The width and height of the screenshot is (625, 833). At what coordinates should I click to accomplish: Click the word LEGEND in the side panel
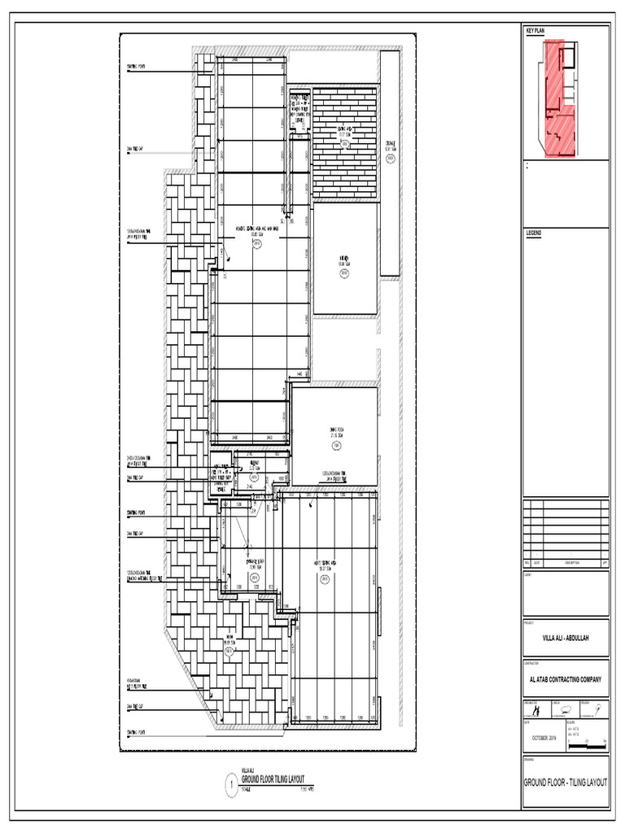click(535, 233)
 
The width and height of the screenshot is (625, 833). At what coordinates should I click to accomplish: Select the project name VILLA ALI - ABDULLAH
click(565, 637)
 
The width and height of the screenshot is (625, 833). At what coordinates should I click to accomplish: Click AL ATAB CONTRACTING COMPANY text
click(565, 680)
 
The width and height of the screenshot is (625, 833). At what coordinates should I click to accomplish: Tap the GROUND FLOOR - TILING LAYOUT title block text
click(565, 782)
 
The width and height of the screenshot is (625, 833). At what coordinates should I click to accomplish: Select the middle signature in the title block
click(563, 710)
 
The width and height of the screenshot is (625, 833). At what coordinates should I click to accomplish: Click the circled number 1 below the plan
click(231, 786)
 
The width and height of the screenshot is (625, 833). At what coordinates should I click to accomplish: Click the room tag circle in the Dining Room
click(334, 446)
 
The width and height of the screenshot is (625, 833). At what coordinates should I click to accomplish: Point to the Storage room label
click(391, 147)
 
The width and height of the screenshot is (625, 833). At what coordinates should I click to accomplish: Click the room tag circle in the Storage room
click(391, 159)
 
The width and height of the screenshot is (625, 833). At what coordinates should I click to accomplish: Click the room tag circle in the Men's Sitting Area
click(324, 579)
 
